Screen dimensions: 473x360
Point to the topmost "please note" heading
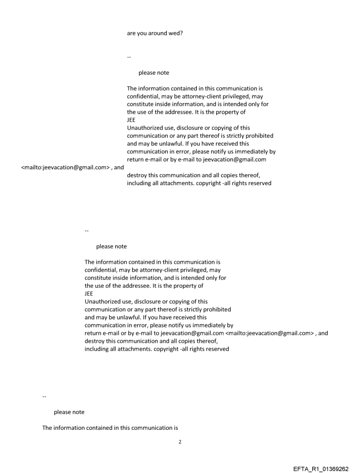coord(154,73)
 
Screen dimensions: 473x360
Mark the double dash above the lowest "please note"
coord(44,396)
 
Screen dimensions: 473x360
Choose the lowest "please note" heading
coord(69,412)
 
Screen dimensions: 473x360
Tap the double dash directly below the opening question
coord(129,57)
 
